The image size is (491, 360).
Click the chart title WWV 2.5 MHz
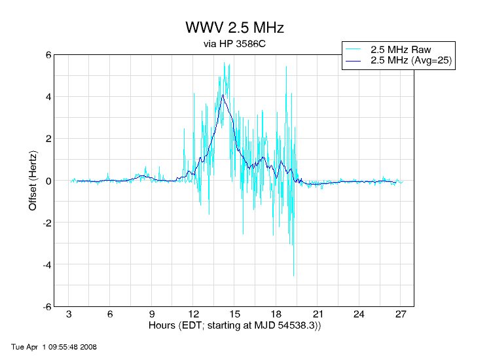coord(234,28)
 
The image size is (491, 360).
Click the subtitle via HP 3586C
coord(234,45)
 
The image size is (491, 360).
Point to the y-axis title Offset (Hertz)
coord(33,181)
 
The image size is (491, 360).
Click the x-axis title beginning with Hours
coord(234,325)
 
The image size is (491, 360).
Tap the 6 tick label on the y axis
coord(48,55)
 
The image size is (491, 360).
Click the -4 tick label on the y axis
coord(46,264)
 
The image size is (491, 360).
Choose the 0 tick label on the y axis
coord(48,181)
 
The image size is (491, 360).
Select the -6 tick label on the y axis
coord(46,306)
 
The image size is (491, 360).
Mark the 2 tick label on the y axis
coord(48,139)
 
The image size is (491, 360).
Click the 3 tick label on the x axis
coord(69,314)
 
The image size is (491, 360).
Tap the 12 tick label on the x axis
coord(194,314)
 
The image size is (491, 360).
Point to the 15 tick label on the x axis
coord(235,314)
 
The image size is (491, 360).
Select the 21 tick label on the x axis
coord(318,314)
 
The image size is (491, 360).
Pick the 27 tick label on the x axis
coord(401,314)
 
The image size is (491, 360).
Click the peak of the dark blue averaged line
coord(223,95)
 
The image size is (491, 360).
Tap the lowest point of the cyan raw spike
coord(293,276)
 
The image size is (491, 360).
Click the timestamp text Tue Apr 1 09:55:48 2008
coord(54,346)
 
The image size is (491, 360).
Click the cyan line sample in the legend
coord(354,49)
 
